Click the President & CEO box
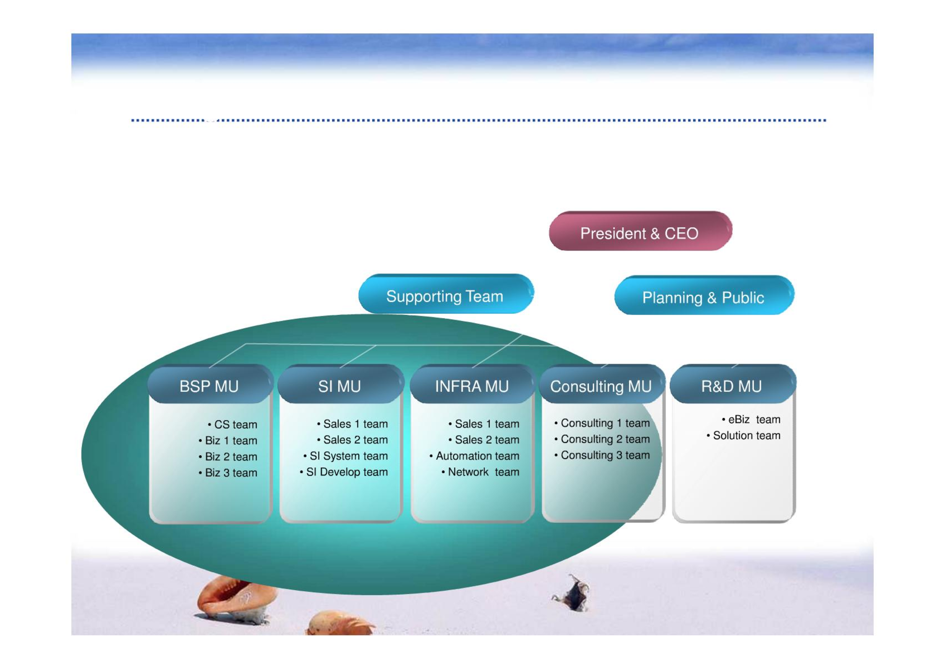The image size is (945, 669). pos(640,231)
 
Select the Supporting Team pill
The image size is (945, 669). pos(446,294)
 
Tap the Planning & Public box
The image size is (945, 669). pos(704,295)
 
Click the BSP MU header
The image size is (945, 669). pos(210,384)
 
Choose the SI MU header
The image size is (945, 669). pos(340,384)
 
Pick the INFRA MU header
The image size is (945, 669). pos(472,384)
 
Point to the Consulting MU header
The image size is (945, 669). pos(602,384)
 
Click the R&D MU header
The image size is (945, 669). pos(733,384)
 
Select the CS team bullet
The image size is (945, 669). pos(232,425)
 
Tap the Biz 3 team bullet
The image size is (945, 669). pos(228,473)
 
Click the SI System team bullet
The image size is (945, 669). pos(345,456)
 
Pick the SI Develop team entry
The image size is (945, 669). pos(344,472)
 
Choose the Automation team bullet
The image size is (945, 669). pos(474,456)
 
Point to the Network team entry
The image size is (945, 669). pos(480,472)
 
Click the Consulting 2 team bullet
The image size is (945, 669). pos(602,439)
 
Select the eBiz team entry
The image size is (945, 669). pos(751,420)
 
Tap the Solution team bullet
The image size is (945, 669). pos(743,436)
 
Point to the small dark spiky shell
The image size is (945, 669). pos(572,593)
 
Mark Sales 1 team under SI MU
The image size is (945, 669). pos(352,424)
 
